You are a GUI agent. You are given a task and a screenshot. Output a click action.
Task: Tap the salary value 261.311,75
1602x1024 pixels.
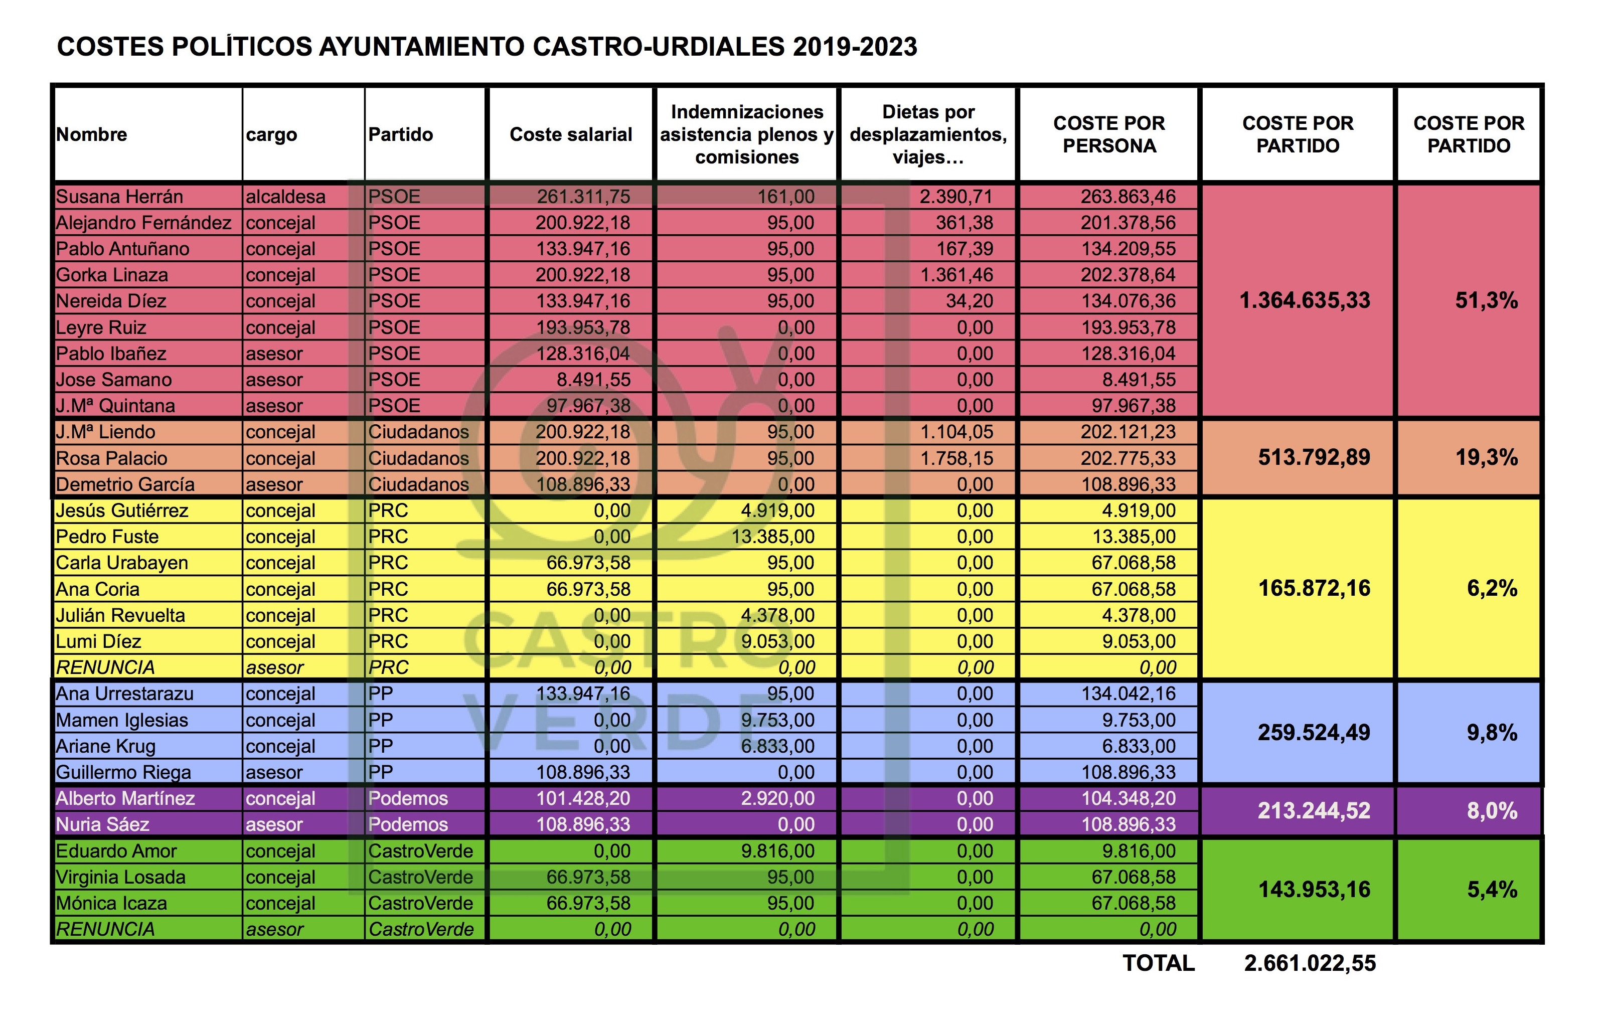(x=583, y=197)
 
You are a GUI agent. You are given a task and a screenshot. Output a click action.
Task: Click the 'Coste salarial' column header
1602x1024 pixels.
(x=571, y=134)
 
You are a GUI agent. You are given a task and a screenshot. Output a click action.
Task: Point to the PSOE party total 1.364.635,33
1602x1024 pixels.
(x=1305, y=301)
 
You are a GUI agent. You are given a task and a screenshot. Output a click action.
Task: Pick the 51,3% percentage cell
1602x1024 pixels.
(x=1486, y=301)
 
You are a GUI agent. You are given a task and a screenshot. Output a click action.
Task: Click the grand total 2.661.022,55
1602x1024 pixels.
(x=1310, y=963)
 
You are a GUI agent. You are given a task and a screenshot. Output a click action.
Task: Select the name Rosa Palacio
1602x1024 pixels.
(x=112, y=458)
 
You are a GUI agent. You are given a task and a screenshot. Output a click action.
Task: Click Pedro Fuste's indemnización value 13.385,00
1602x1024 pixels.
(x=773, y=537)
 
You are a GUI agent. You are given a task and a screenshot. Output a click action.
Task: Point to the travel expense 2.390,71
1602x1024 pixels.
(x=956, y=197)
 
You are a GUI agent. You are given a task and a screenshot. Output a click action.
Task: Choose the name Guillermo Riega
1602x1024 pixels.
(x=124, y=772)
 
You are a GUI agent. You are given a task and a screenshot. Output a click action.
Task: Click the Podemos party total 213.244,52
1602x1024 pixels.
(x=1314, y=811)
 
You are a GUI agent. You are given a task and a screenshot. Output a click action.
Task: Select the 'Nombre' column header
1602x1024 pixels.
(x=92, y=134)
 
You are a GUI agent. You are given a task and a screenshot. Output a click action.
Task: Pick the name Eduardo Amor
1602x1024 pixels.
(x=116, y=851)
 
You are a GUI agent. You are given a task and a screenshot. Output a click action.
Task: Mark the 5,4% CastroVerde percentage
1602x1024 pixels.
(x=1492, y=890)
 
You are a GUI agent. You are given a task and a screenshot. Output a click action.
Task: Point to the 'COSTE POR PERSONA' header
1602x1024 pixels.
(x=1109, y=134)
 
